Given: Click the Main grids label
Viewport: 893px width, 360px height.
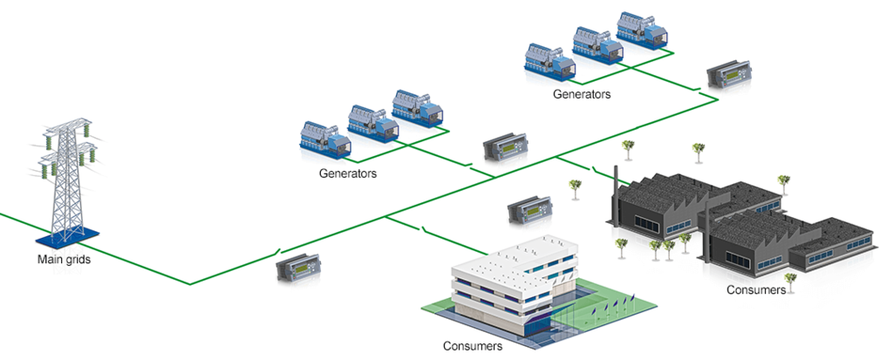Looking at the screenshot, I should pos(65,259).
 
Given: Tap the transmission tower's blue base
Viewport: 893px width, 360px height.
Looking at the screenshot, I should pos(66,236).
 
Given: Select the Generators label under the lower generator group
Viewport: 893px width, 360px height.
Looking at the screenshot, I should pos(348,173).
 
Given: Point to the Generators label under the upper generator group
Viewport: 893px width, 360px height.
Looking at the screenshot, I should pos(582,93).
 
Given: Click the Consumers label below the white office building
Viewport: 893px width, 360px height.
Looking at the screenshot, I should pos(473,347).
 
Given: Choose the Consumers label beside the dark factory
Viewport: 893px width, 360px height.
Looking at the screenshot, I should pos(756,289).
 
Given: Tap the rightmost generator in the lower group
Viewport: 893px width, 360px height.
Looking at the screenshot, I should pos(417,107).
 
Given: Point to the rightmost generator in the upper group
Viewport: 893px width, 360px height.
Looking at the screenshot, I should pos(642,29).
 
